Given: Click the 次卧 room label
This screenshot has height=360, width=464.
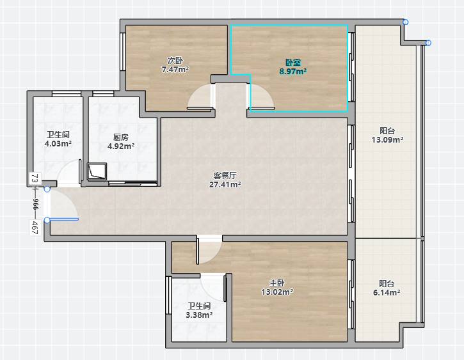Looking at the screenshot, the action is point(175,61).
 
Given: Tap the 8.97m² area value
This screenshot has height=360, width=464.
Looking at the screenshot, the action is point(293,71).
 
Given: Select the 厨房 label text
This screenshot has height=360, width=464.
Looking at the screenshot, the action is point(121,137).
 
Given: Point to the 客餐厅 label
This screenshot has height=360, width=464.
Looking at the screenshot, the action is point(225,176).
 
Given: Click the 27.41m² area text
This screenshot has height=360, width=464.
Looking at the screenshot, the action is point(225,184).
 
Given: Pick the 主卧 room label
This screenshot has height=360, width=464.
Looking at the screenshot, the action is point(277,283).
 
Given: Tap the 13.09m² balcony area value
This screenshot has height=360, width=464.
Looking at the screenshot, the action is point(387,139).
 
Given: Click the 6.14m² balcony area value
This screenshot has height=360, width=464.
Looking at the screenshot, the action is point(387,293).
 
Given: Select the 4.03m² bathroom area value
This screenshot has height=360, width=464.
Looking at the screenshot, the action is point(58,144).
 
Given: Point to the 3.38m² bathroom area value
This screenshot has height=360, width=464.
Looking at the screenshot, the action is point(199,315).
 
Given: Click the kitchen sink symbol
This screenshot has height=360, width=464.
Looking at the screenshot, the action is point(97,171).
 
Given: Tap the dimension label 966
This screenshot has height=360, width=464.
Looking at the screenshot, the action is point(35,204).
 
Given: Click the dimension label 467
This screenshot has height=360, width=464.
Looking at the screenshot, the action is point(35,227).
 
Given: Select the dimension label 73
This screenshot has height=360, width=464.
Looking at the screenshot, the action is point(35,178).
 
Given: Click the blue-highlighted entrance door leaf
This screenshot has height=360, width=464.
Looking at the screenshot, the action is point(63,219).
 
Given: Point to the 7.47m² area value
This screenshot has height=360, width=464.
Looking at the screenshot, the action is point(175,70).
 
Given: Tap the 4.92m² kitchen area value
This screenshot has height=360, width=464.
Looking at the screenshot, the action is point(121,146).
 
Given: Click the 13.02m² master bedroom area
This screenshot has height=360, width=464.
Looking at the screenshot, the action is point(277,292).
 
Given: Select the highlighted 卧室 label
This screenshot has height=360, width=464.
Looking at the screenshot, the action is point(293,63).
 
